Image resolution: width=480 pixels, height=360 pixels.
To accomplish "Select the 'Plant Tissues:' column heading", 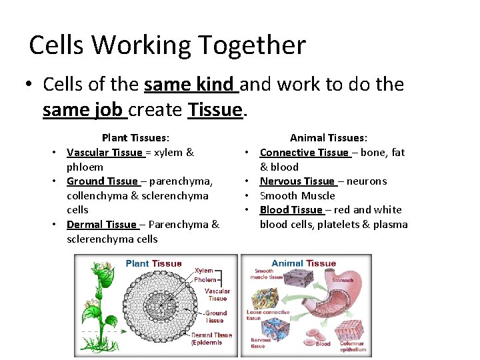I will pos(135,138).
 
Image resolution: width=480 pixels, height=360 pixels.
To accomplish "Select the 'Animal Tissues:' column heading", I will pos(328,138).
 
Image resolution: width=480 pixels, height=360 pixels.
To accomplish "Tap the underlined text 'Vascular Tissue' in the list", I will pos(105,153).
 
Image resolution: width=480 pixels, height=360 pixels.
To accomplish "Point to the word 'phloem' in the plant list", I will pos(85,167).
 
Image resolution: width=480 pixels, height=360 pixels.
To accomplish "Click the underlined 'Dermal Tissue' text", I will pos(101,225).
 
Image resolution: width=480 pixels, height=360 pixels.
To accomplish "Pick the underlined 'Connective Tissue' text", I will pos(304,153).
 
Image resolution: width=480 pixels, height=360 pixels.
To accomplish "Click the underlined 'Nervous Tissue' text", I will pos(297,181).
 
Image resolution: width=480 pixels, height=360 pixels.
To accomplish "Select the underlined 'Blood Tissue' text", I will pos(291,210).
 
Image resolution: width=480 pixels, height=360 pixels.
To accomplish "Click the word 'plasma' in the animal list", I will pos(390,225).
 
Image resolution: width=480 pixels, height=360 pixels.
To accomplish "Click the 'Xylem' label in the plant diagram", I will pos(204,271).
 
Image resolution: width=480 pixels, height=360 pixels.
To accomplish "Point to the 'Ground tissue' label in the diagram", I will pos(215,317).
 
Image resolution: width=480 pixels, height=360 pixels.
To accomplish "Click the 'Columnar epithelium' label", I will pos(352,347).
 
